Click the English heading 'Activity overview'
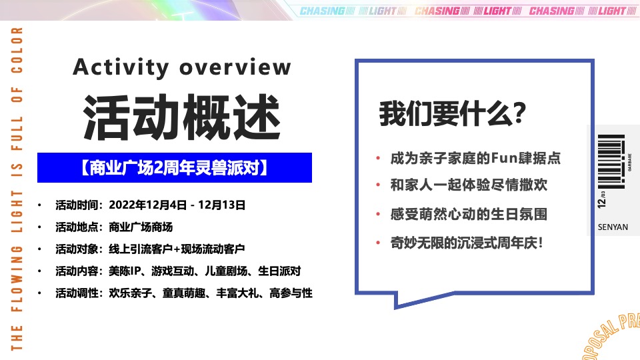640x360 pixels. (182, 67)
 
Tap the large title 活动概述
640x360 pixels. (181, 114)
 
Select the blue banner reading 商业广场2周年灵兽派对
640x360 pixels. (175, 168)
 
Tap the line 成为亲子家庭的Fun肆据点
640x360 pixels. (475, 159)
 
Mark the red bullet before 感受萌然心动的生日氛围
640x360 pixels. (377, 215)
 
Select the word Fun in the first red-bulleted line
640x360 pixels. (501, 159)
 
